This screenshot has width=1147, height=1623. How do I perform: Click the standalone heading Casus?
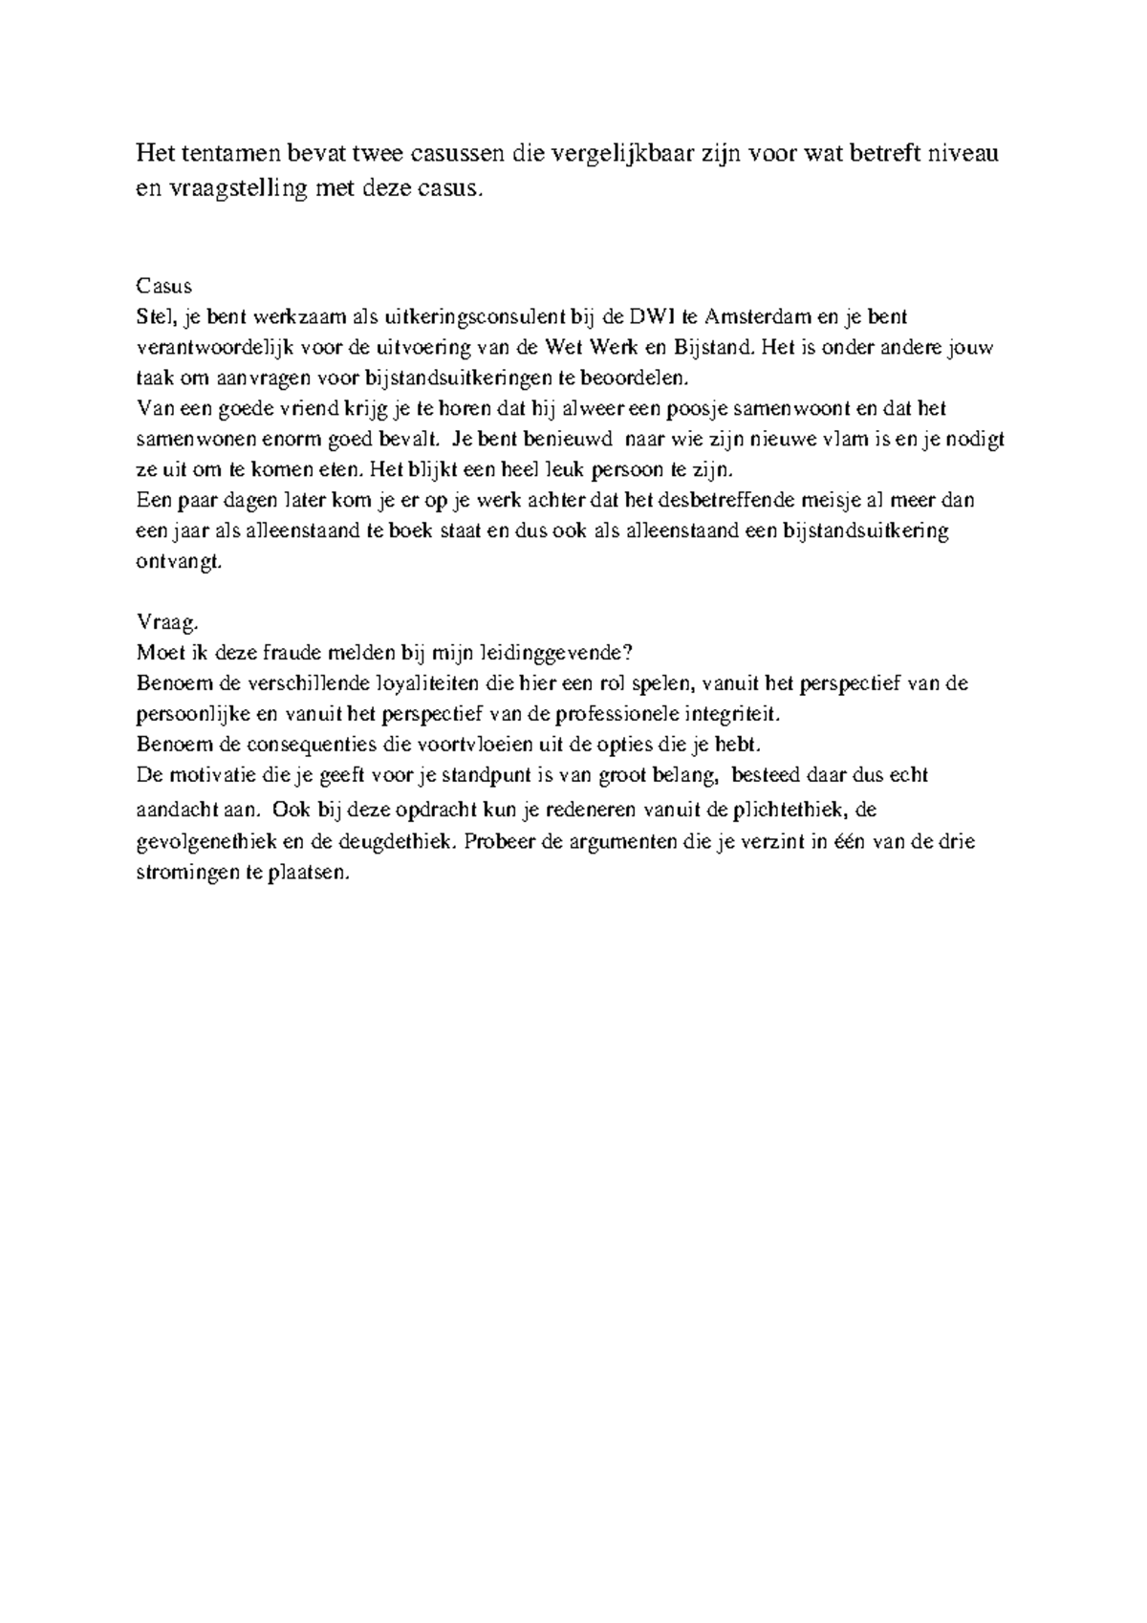point(164,286)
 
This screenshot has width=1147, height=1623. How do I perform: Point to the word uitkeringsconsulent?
point(464,316)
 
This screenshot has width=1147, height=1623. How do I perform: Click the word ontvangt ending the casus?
point(179,562)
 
